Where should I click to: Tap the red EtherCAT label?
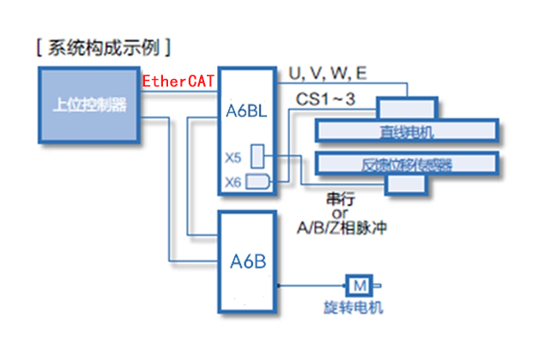[178, 82]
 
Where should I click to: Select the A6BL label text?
[247, 111]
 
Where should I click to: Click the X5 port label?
[232, 157]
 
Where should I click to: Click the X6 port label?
[232, 181]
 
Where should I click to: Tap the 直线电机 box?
[407, 131]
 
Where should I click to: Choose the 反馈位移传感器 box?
[407, 164]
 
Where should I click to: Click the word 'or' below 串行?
[335, 213]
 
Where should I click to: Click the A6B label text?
[247, 261]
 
